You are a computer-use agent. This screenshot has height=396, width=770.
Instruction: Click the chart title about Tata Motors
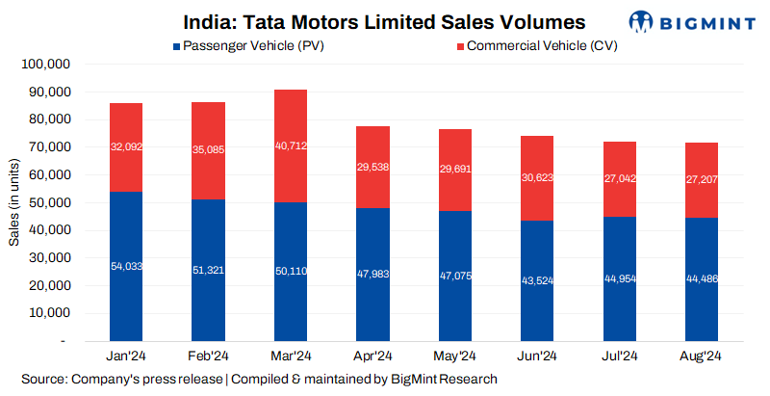384,21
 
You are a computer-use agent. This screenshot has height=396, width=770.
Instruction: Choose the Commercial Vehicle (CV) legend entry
535,45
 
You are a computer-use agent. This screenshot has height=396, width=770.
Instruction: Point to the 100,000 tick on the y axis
46,65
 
